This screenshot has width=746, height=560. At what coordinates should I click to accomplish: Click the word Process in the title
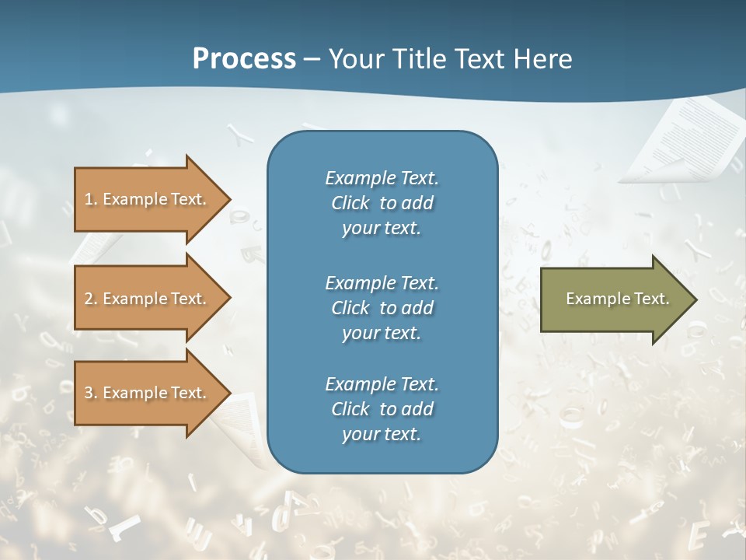[x=244, y=59]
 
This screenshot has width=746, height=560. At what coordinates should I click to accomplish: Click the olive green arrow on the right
[x=614, y=299]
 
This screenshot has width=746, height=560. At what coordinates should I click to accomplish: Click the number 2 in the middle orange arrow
[x=89, y=299]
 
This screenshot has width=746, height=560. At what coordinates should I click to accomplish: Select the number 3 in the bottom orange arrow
[x=89, y=393]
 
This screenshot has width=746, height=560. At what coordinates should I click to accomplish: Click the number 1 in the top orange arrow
[x=88, y=199]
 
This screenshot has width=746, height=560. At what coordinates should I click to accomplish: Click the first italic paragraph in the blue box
[x=382, y=203]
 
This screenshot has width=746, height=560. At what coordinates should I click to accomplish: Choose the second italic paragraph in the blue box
[x=382, y=308]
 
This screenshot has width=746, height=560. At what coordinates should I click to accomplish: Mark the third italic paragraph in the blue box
[x=382, y=409]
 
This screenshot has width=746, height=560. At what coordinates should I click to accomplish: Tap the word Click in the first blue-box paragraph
[x=350, y=204]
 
